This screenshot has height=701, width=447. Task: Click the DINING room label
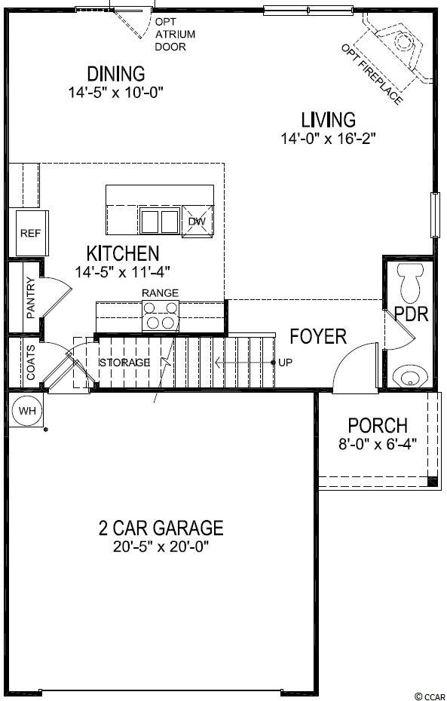pos(116,74)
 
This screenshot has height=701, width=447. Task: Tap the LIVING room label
pos(329,121)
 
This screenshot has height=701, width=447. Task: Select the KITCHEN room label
pos(122,253)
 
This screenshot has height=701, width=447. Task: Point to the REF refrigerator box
pos(32,233)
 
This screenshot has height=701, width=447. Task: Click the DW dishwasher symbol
pos(197,222)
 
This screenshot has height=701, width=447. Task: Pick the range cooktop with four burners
pos(161,316)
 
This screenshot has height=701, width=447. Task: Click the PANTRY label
pos(30,297)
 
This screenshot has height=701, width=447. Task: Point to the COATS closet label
pos(30,363)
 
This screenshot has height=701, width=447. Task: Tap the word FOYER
pos(318,336)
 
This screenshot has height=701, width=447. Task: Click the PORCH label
pos(378,426)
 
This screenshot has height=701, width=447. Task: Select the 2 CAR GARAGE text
pos(161,528)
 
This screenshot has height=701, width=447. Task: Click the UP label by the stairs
pos(285,363)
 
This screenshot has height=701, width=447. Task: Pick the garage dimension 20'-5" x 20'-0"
pos(161,546)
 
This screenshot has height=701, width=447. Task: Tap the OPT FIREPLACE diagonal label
pos(372,74)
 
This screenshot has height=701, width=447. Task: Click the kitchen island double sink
pos(159,222)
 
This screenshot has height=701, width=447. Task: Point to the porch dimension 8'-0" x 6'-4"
pos(378,445)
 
